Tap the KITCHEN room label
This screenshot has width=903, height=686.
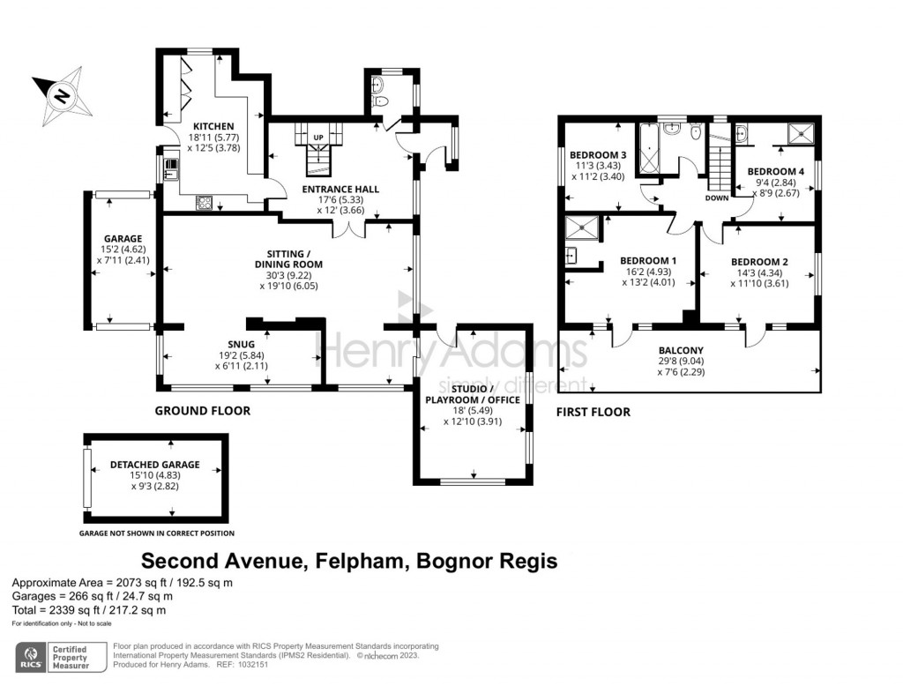pyautogui.click(x=213, y=126)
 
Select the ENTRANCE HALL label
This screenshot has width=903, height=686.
pyautogui.click(x=340, y=189)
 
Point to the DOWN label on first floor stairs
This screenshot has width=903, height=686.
pyautogui.click(x=717, y=198)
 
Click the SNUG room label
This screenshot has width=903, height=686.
pyautogui.click(x=241, y=343)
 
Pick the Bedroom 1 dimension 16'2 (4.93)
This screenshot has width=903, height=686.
pyautogui.click(x=648, y=272)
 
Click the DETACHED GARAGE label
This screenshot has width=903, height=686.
pyautogui.click(x=154, y=465)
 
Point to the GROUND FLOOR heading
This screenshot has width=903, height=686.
pyautogui.click(x=202, y=411)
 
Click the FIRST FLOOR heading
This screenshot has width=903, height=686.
pyautogui.click(x=593, y=412)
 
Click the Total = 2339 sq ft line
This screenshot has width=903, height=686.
pyautogui.click(x=88, y=609)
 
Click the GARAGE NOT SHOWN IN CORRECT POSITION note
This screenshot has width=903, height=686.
pyautogui.click(x=157, y=533)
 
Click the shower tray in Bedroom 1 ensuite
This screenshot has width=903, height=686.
pyautogui.click(x=583, y=227)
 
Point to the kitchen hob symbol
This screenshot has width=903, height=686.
pyautogui.click(x=204, y=202)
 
